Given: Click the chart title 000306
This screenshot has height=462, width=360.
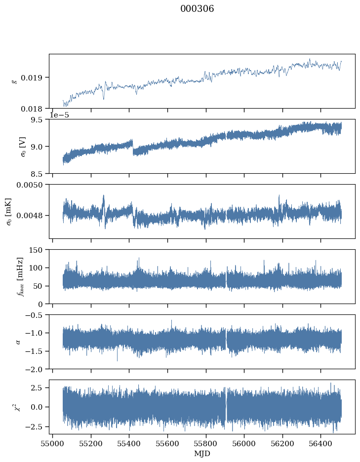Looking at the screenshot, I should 197,9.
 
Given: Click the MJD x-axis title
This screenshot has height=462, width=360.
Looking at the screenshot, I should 201,454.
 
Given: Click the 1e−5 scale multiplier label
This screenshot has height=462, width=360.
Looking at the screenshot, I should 60,115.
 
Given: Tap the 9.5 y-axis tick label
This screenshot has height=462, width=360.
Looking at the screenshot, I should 39,119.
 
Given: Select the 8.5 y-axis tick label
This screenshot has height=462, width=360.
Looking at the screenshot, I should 39,174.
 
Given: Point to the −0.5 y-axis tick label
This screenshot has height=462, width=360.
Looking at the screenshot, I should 35,315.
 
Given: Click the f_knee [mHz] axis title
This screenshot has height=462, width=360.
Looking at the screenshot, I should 20,276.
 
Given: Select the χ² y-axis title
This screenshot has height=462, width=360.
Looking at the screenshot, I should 20,407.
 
